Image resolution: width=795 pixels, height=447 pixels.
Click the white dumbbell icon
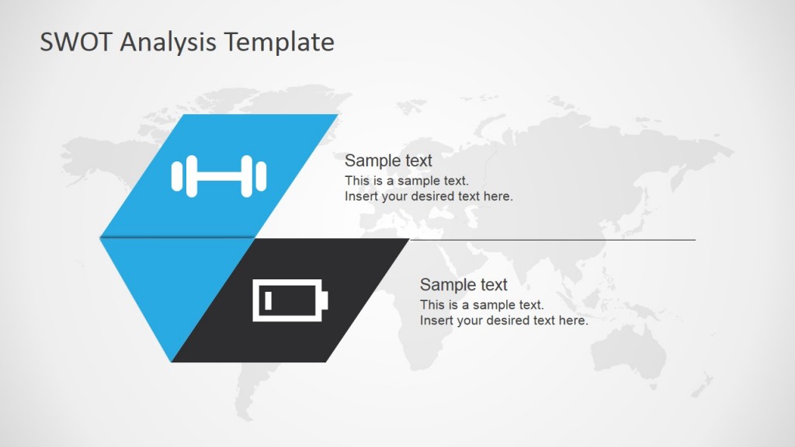pyautogui.click(x=218, y=175)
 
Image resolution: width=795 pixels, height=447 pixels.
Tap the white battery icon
pyautogui.click(x=290, y=300)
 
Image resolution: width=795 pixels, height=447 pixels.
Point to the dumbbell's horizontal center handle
pyautogui.click(x=218, y=175)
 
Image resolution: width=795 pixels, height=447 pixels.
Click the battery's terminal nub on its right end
pyautogui.click(x=325, y=300)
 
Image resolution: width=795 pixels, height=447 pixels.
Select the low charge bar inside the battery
pyautogui.click(x=268, y=300)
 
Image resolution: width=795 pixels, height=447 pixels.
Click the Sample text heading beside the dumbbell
pyautogui.click(x=388, y=161)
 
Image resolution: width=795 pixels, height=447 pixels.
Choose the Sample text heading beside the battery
pyautogui.click(x=463, y=285)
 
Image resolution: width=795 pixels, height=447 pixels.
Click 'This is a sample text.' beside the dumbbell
pyautogui.click(x=406, y=181)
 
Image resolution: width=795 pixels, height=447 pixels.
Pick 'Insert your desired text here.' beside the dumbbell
pyautogui.click(x=429, y=196)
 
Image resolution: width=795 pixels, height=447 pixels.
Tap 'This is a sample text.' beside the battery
pyautogui.click(x=481, y=305)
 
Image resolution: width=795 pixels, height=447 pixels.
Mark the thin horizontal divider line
pyautogui.click(x=551, y=240)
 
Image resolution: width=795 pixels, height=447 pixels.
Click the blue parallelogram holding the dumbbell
pyautogui.click(x=233, y=140)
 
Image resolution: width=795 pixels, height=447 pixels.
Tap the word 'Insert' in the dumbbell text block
pyautogui.click(x=361, y=196)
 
